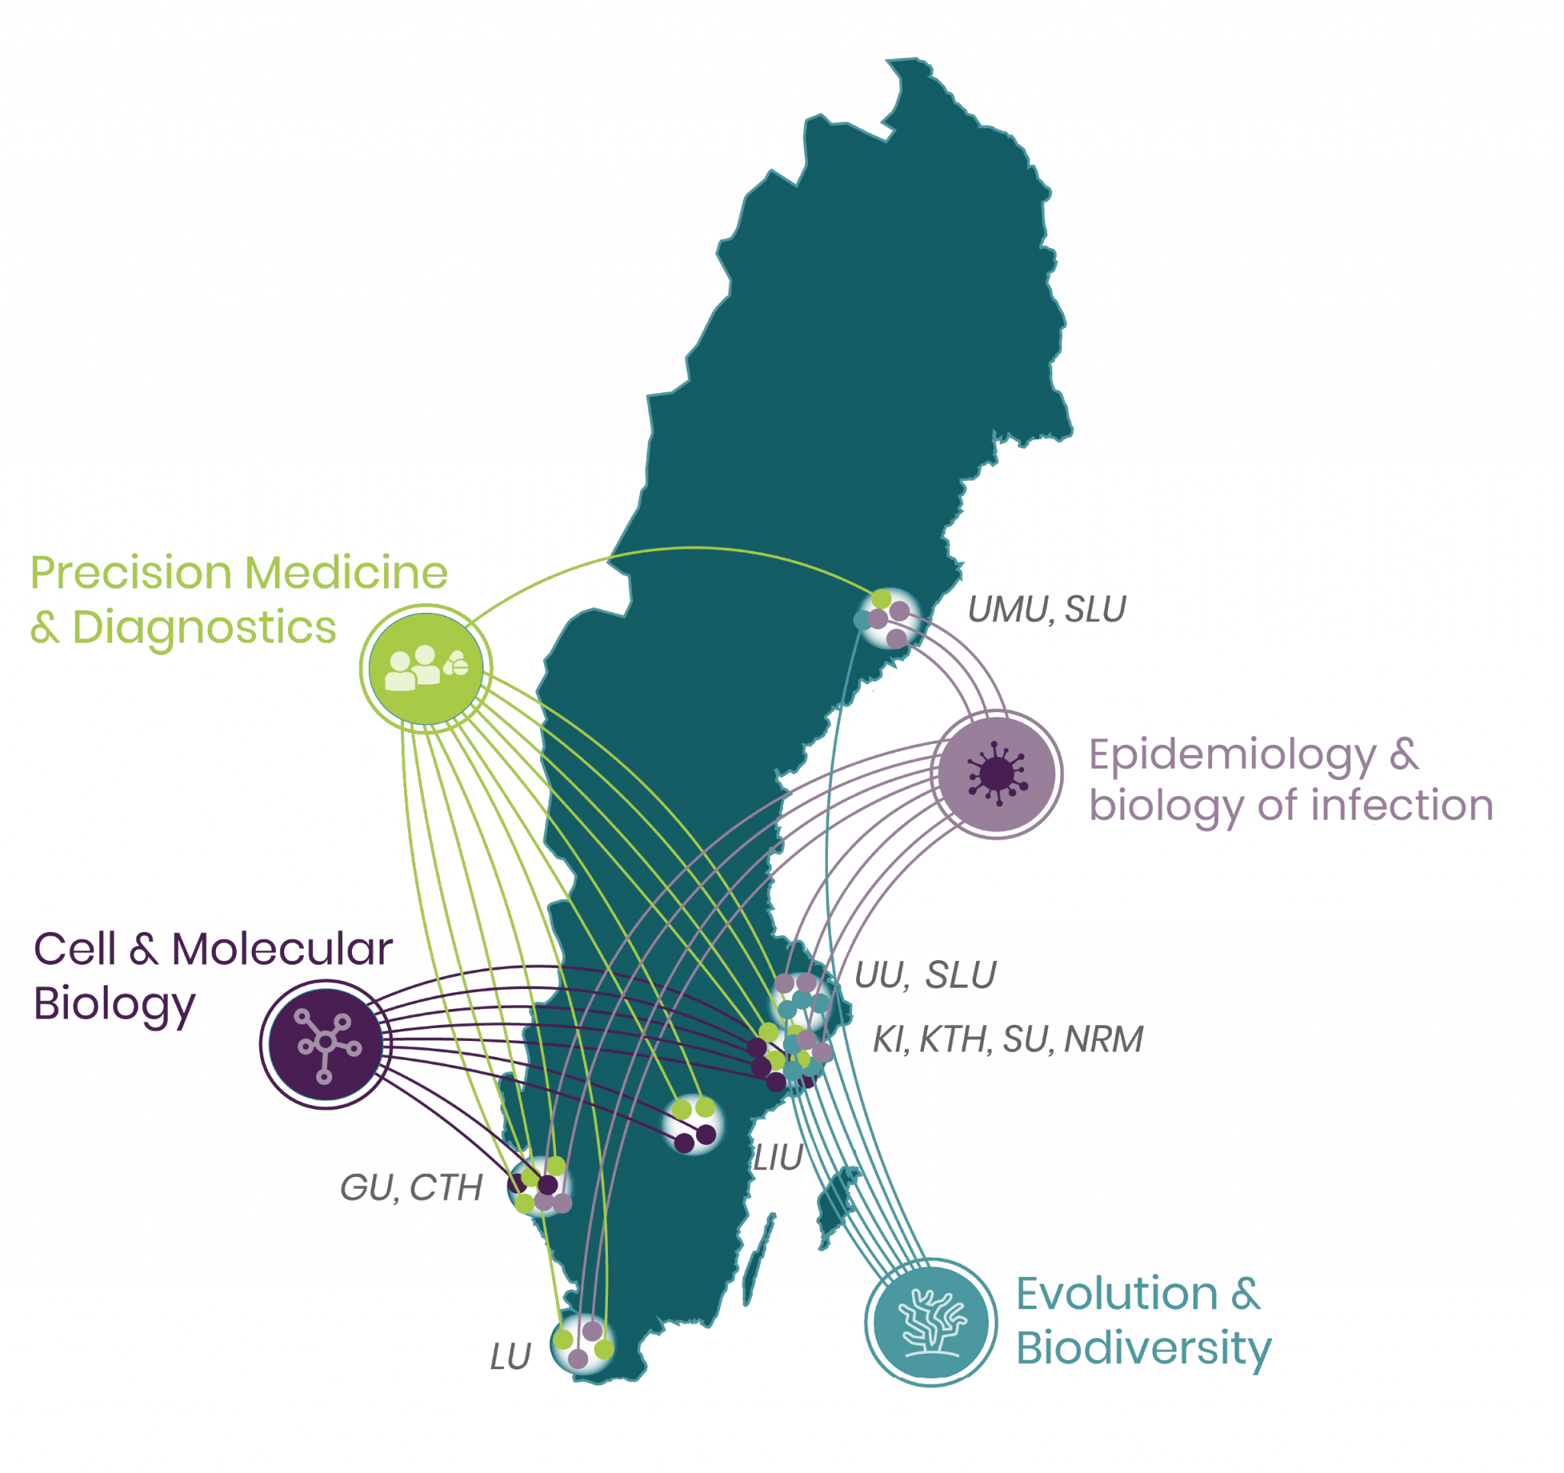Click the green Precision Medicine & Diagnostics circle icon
point(425,669)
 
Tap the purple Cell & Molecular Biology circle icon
point(325,1043)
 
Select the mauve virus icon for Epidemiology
point(997,773)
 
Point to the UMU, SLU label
point(1046,610)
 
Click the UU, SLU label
point(925,975)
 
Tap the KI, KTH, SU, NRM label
point(1008,1039)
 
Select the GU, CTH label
point(412,1188)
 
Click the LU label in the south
point(512,1356)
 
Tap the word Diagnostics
point(204,627)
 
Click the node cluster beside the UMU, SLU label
point(888,617)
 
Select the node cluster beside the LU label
point(583,1344)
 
